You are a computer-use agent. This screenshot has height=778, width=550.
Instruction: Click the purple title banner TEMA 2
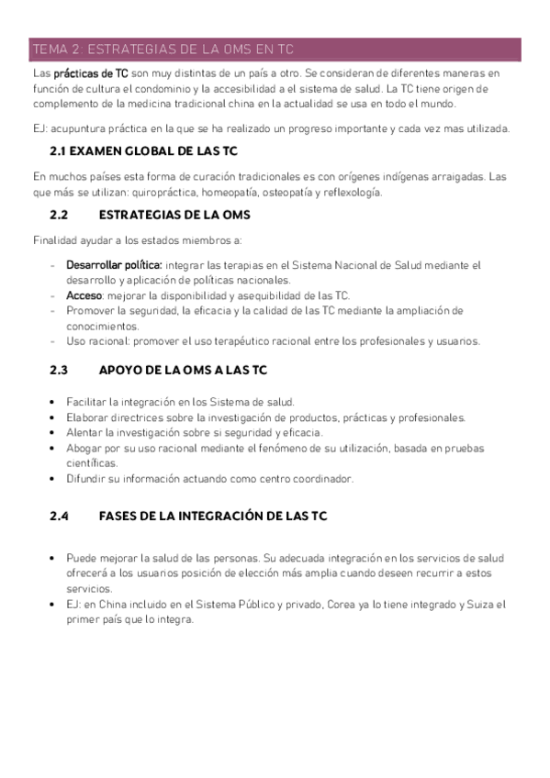tap(275, 49)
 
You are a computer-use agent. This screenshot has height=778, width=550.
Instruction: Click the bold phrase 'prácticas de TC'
tap(91, 72)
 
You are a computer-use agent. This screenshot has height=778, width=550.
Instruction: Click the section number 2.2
tap(59, 215)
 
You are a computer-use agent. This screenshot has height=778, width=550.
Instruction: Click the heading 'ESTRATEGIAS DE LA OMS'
tap(174, 215)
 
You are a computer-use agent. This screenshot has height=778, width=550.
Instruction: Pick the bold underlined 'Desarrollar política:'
tap(114, 265)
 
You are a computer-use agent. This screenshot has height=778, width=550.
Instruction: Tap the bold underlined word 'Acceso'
tap(84, 295)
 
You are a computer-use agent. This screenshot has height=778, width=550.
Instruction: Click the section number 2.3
tap(59, 371)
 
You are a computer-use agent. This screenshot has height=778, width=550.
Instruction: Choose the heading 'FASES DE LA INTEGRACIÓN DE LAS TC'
tap(211, 516)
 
